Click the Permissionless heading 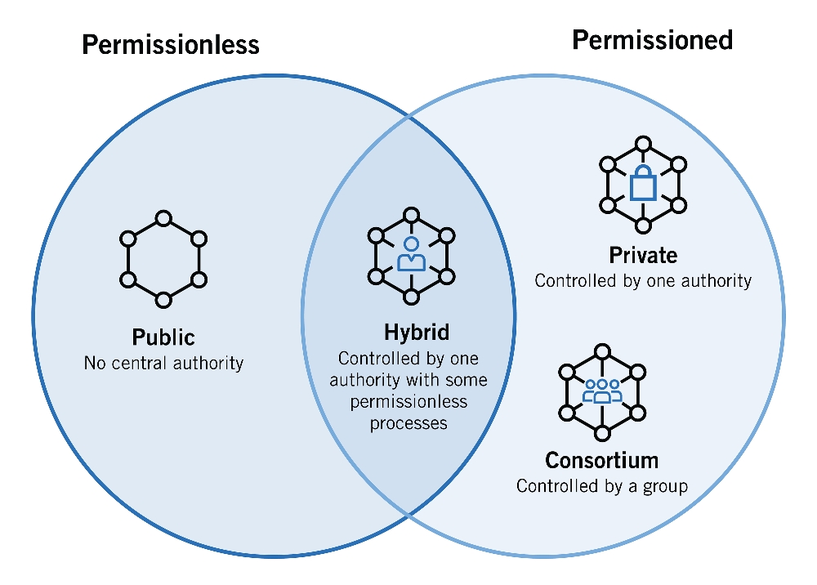171,44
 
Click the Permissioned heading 652,40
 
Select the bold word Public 163,337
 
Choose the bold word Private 643,255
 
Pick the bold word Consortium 601,460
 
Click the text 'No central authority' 163,362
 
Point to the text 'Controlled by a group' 601,486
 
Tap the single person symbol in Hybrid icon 411,254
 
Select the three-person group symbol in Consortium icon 602,391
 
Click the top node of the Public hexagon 163,218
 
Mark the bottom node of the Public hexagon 163,300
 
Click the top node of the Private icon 643,144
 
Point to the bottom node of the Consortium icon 602,432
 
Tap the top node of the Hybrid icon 411,215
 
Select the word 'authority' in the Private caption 714,281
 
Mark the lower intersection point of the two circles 408,514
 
